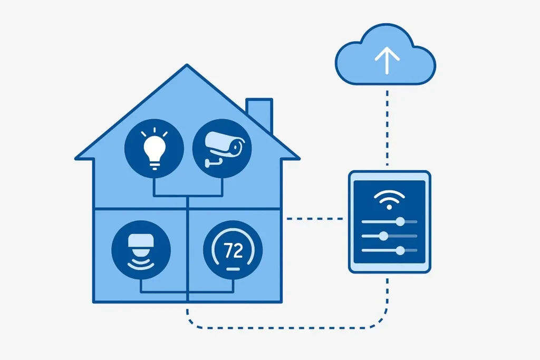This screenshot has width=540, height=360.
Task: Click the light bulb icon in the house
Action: point(155,149)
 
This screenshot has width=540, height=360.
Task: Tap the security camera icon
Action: point(224,149)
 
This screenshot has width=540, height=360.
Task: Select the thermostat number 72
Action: point(233,250)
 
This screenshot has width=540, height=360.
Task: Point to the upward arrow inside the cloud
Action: point(387,61)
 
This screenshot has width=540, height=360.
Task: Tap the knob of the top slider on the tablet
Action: point(400,222)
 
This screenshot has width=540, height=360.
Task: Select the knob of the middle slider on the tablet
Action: point(384,236)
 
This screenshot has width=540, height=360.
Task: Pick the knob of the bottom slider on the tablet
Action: point(400,250)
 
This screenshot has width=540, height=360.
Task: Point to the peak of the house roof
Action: point(187,64)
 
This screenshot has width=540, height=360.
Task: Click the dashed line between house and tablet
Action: point(315,219)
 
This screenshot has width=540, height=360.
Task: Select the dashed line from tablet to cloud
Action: point(388,128)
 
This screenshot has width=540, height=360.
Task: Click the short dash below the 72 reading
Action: point(233,269)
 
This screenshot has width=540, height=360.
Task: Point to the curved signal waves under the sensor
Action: point(141,265)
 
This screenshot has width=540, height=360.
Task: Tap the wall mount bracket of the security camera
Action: point(212,162)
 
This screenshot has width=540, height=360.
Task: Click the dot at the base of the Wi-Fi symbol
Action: point(389,207)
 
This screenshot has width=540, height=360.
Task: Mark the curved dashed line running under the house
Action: point(286,328)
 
